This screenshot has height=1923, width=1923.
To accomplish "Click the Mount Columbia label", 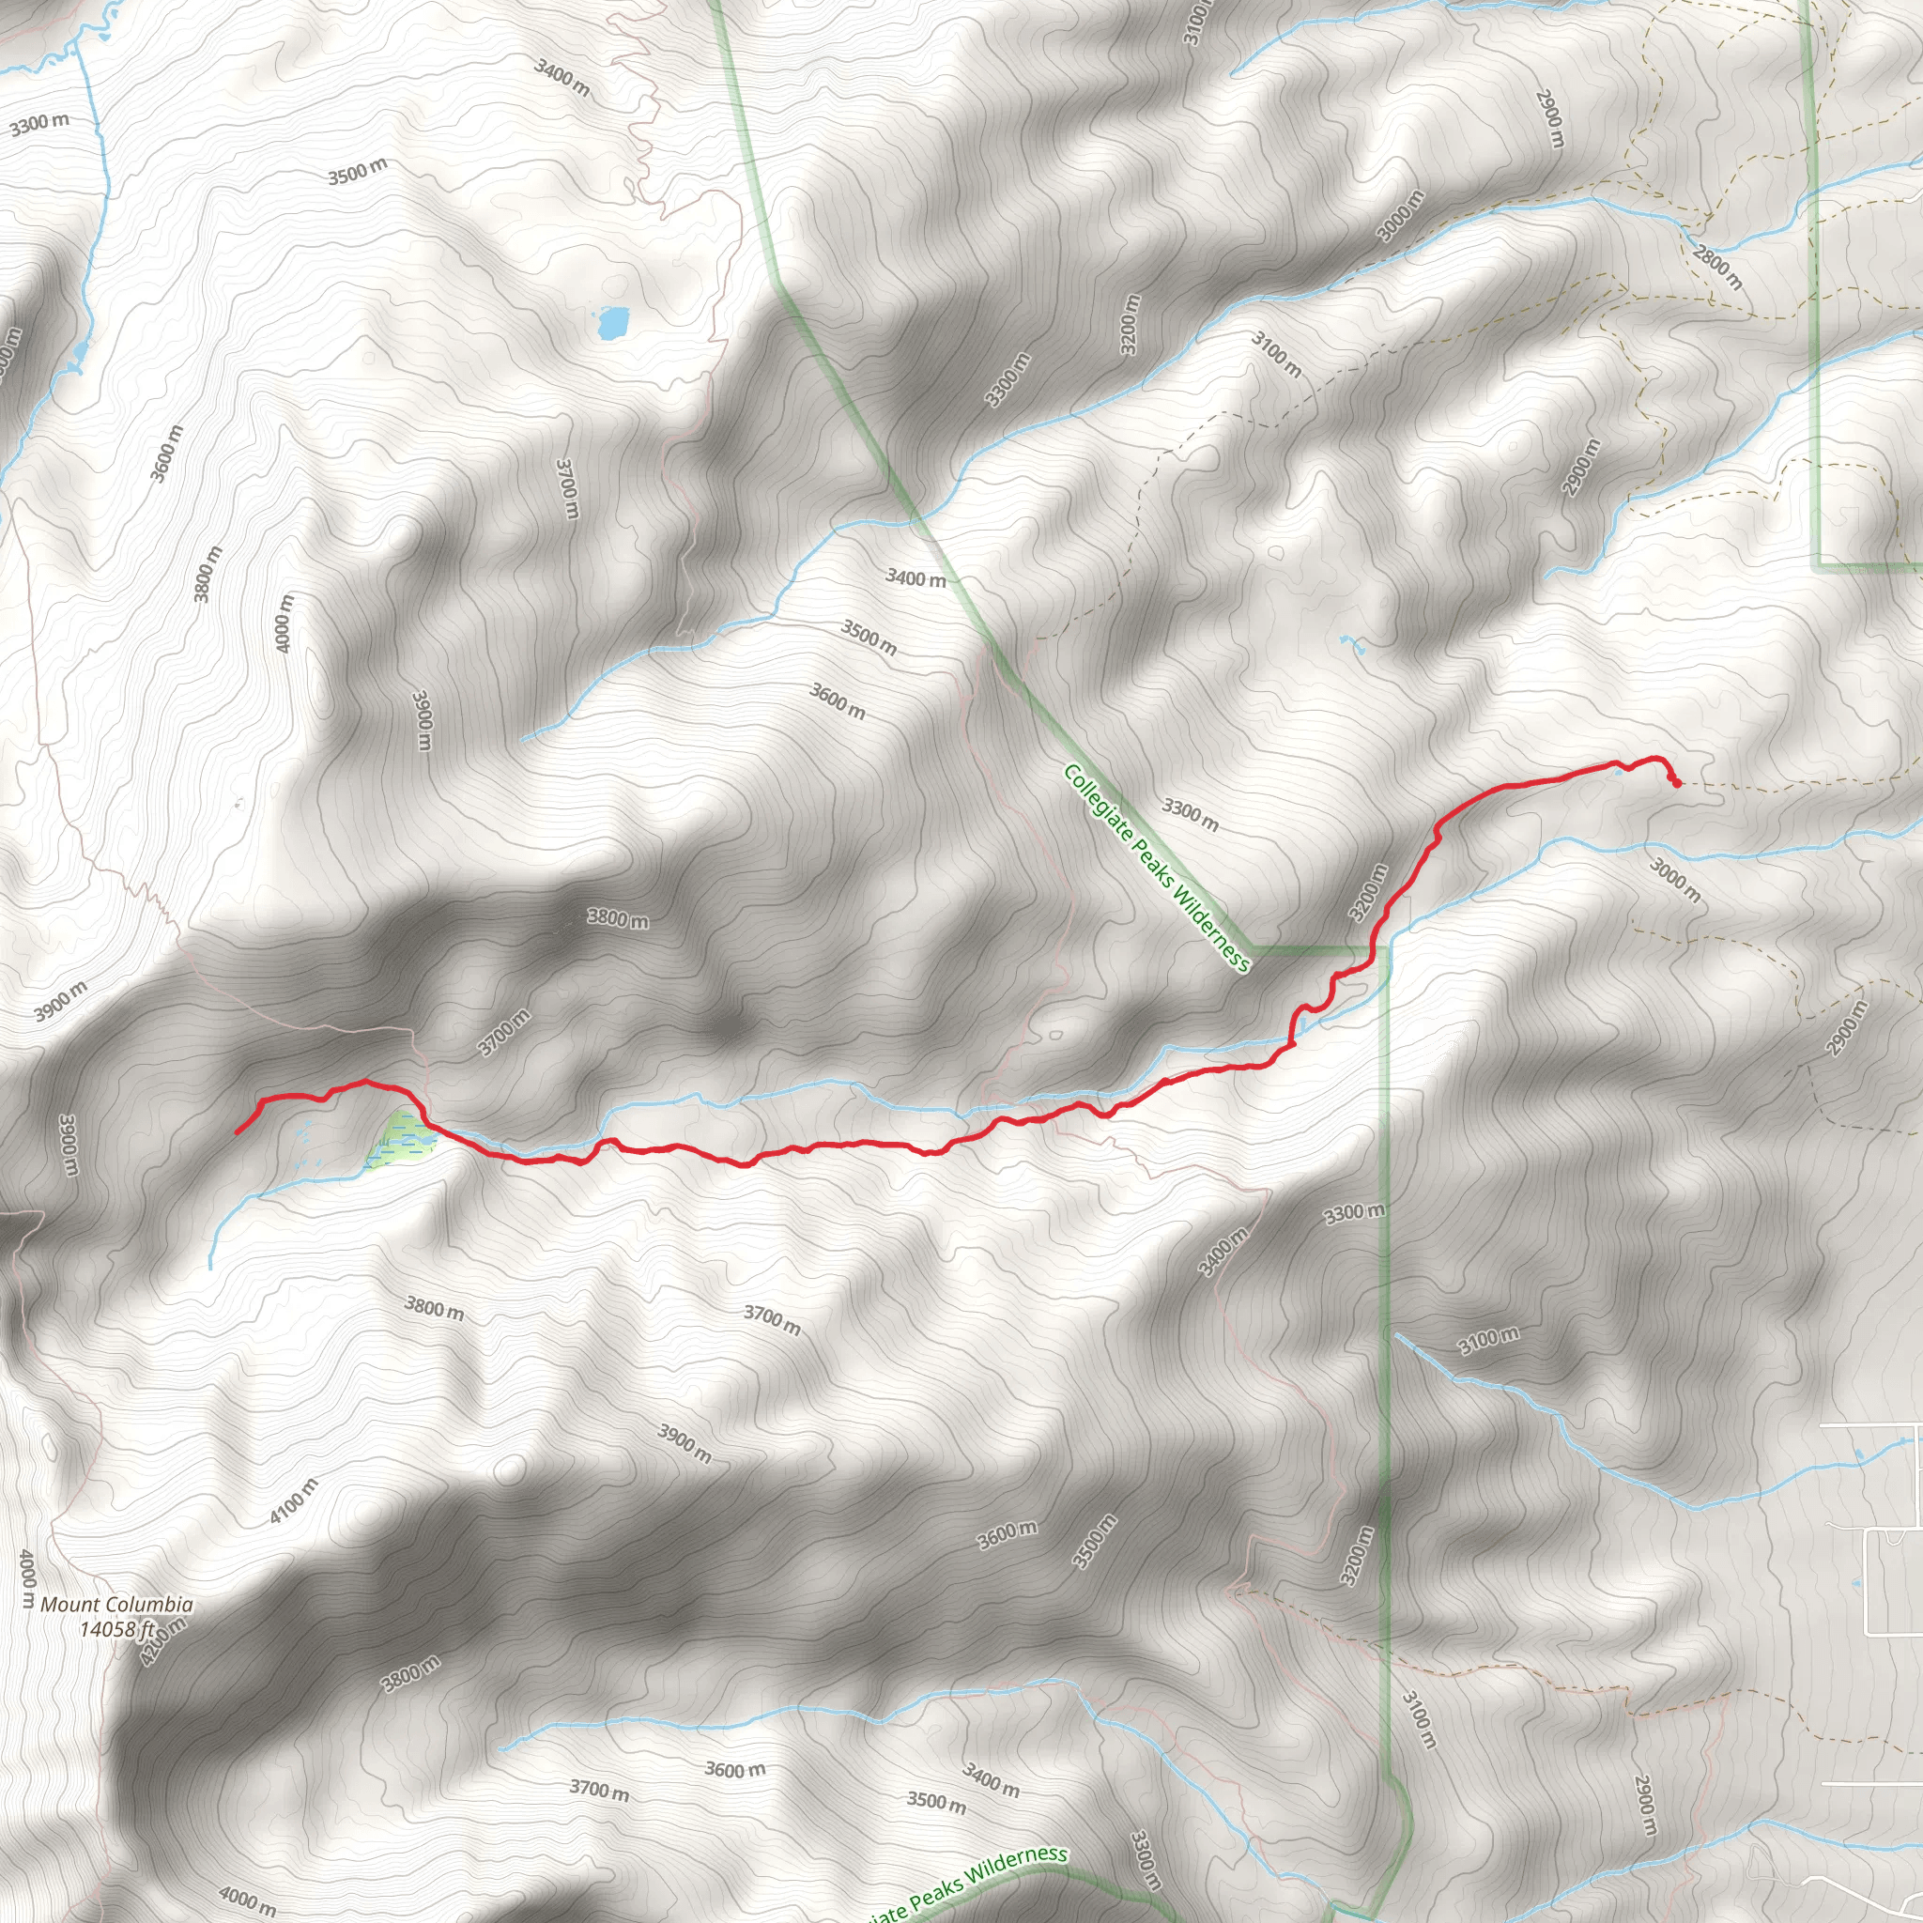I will (116, 1605).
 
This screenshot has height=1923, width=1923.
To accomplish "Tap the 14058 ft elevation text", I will (116, 1629).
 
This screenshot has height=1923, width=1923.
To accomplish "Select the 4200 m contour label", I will (162, 1641).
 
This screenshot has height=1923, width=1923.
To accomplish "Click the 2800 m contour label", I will (1717, 266).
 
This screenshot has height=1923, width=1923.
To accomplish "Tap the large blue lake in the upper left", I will (613, 322).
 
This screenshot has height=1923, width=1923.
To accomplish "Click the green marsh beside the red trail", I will (401, 1139).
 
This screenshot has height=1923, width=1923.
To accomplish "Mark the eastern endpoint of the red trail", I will (1677, 783).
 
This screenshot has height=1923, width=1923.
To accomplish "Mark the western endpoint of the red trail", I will (237, 1132).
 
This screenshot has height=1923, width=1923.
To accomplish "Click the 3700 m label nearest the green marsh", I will (503, 1032).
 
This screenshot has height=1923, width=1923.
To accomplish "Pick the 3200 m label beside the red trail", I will (1367, 893).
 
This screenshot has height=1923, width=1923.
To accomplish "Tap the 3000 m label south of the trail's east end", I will (1675, 880).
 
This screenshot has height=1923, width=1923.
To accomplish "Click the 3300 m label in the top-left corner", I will (39, 125).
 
